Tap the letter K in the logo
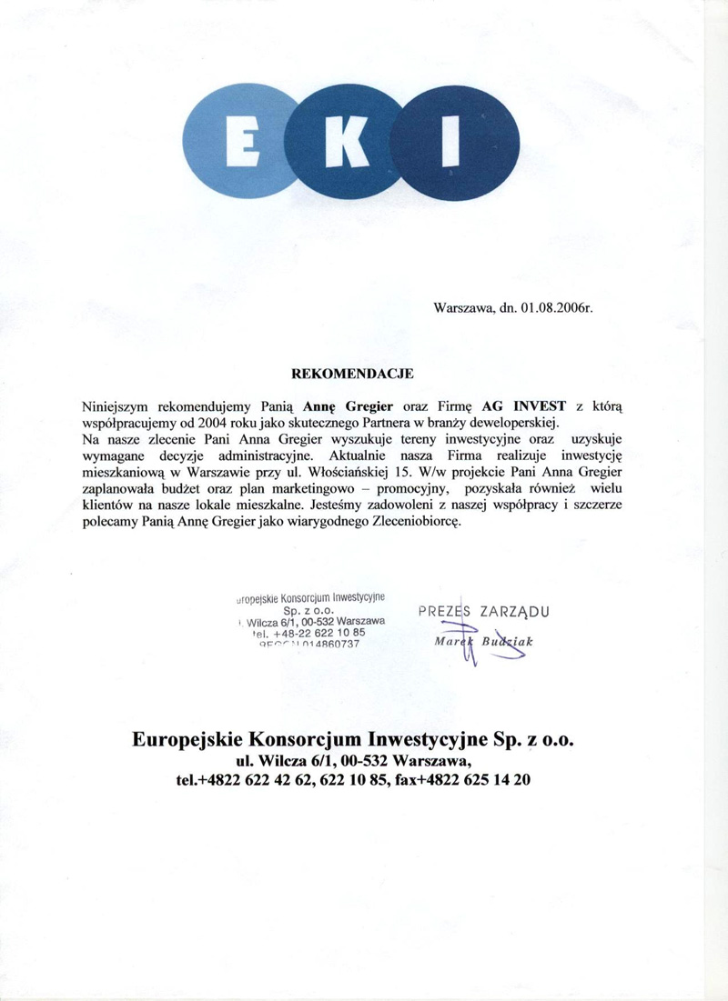point(349,145)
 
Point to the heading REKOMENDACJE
point(352,374)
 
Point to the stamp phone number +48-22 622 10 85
point(318,633)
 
